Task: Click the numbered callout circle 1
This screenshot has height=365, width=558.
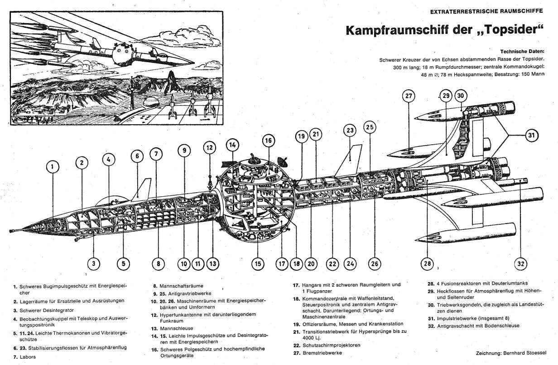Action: click(53, 167)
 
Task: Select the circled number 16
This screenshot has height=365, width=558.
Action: click(268, 141)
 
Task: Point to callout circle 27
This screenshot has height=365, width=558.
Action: click(409, 97)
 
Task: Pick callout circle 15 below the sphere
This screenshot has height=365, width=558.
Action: click(257, 263)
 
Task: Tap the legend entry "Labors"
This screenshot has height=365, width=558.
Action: click(27, 357)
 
